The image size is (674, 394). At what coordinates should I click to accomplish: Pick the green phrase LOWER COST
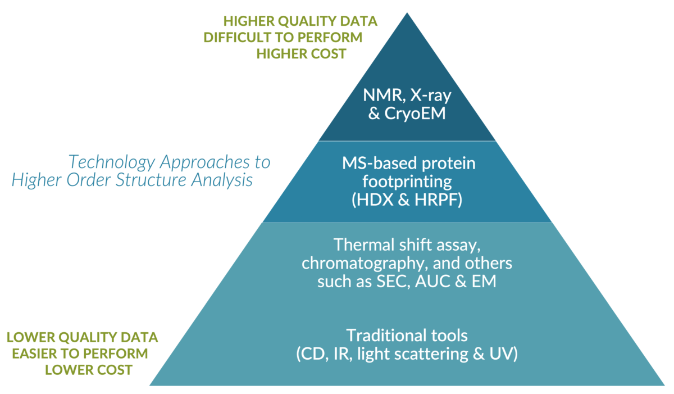click(89, 370)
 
